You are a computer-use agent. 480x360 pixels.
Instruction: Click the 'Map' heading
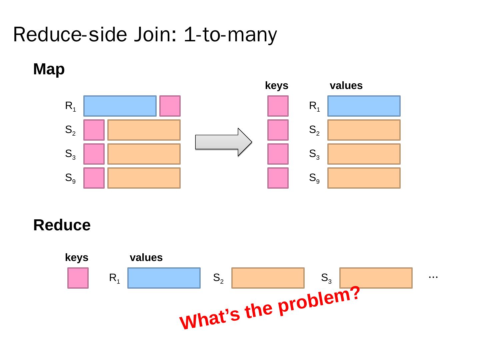tap(49, 69)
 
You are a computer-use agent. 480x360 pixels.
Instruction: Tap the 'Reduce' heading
tap(62, 225)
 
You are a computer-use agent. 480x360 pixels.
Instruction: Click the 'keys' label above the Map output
tap(277, 86)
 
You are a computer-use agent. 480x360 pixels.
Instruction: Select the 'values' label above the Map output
tap(346, 86)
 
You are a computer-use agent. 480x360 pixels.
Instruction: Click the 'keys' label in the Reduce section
tap(77, 258)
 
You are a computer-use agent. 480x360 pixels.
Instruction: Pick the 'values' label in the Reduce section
tap(146, 258)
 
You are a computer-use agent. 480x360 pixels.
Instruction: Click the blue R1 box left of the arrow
tap(120, 106)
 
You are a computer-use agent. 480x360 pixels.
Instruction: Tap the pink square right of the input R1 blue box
tap(170, 106)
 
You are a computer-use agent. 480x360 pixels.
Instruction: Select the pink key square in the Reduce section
tap(78, 278)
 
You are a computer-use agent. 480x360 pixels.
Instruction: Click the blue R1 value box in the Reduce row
tap(164, 278)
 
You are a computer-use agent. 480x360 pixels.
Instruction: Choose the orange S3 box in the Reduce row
tap(376, 278)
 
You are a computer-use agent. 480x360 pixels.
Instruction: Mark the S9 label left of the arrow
tap(70, 178)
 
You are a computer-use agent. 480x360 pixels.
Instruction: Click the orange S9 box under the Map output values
tap(364, 178)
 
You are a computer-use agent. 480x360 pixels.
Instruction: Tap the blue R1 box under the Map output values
tap(364, 106)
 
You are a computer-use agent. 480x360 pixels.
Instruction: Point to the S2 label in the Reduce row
tap(218, 278)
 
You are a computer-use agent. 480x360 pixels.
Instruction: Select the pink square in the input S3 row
tap(94, 154)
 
